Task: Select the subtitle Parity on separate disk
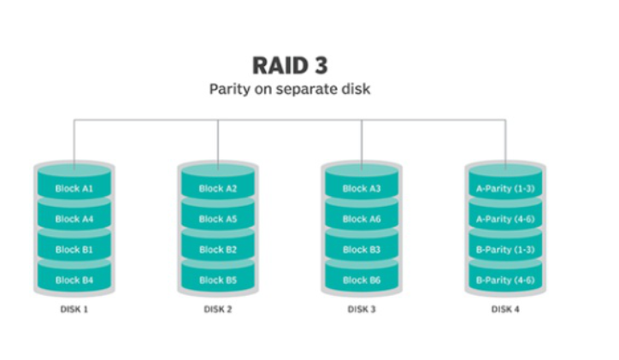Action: coord(290,89)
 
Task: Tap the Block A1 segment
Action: coord(74,188)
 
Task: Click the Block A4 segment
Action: coord(74,219)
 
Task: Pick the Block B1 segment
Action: coord(74,250)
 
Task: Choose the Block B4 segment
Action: coord(74,280)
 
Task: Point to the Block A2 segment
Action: coord(217,188)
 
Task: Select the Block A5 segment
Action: coord(217,219)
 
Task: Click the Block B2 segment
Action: coord(217,250)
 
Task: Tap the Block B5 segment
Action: coord(217,280)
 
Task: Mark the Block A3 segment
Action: coord(361,188)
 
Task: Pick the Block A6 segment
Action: coord(361,219)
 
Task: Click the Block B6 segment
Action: coord(361,280)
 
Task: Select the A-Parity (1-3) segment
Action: coord(504,188)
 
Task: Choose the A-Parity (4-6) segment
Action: coord(504,219)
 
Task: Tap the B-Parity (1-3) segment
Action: coord(504,250)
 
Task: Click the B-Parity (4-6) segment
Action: coord(504,280)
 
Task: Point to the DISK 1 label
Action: coord(74,310)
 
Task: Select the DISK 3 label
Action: coord(361,310)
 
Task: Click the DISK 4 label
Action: coord(504,310)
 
